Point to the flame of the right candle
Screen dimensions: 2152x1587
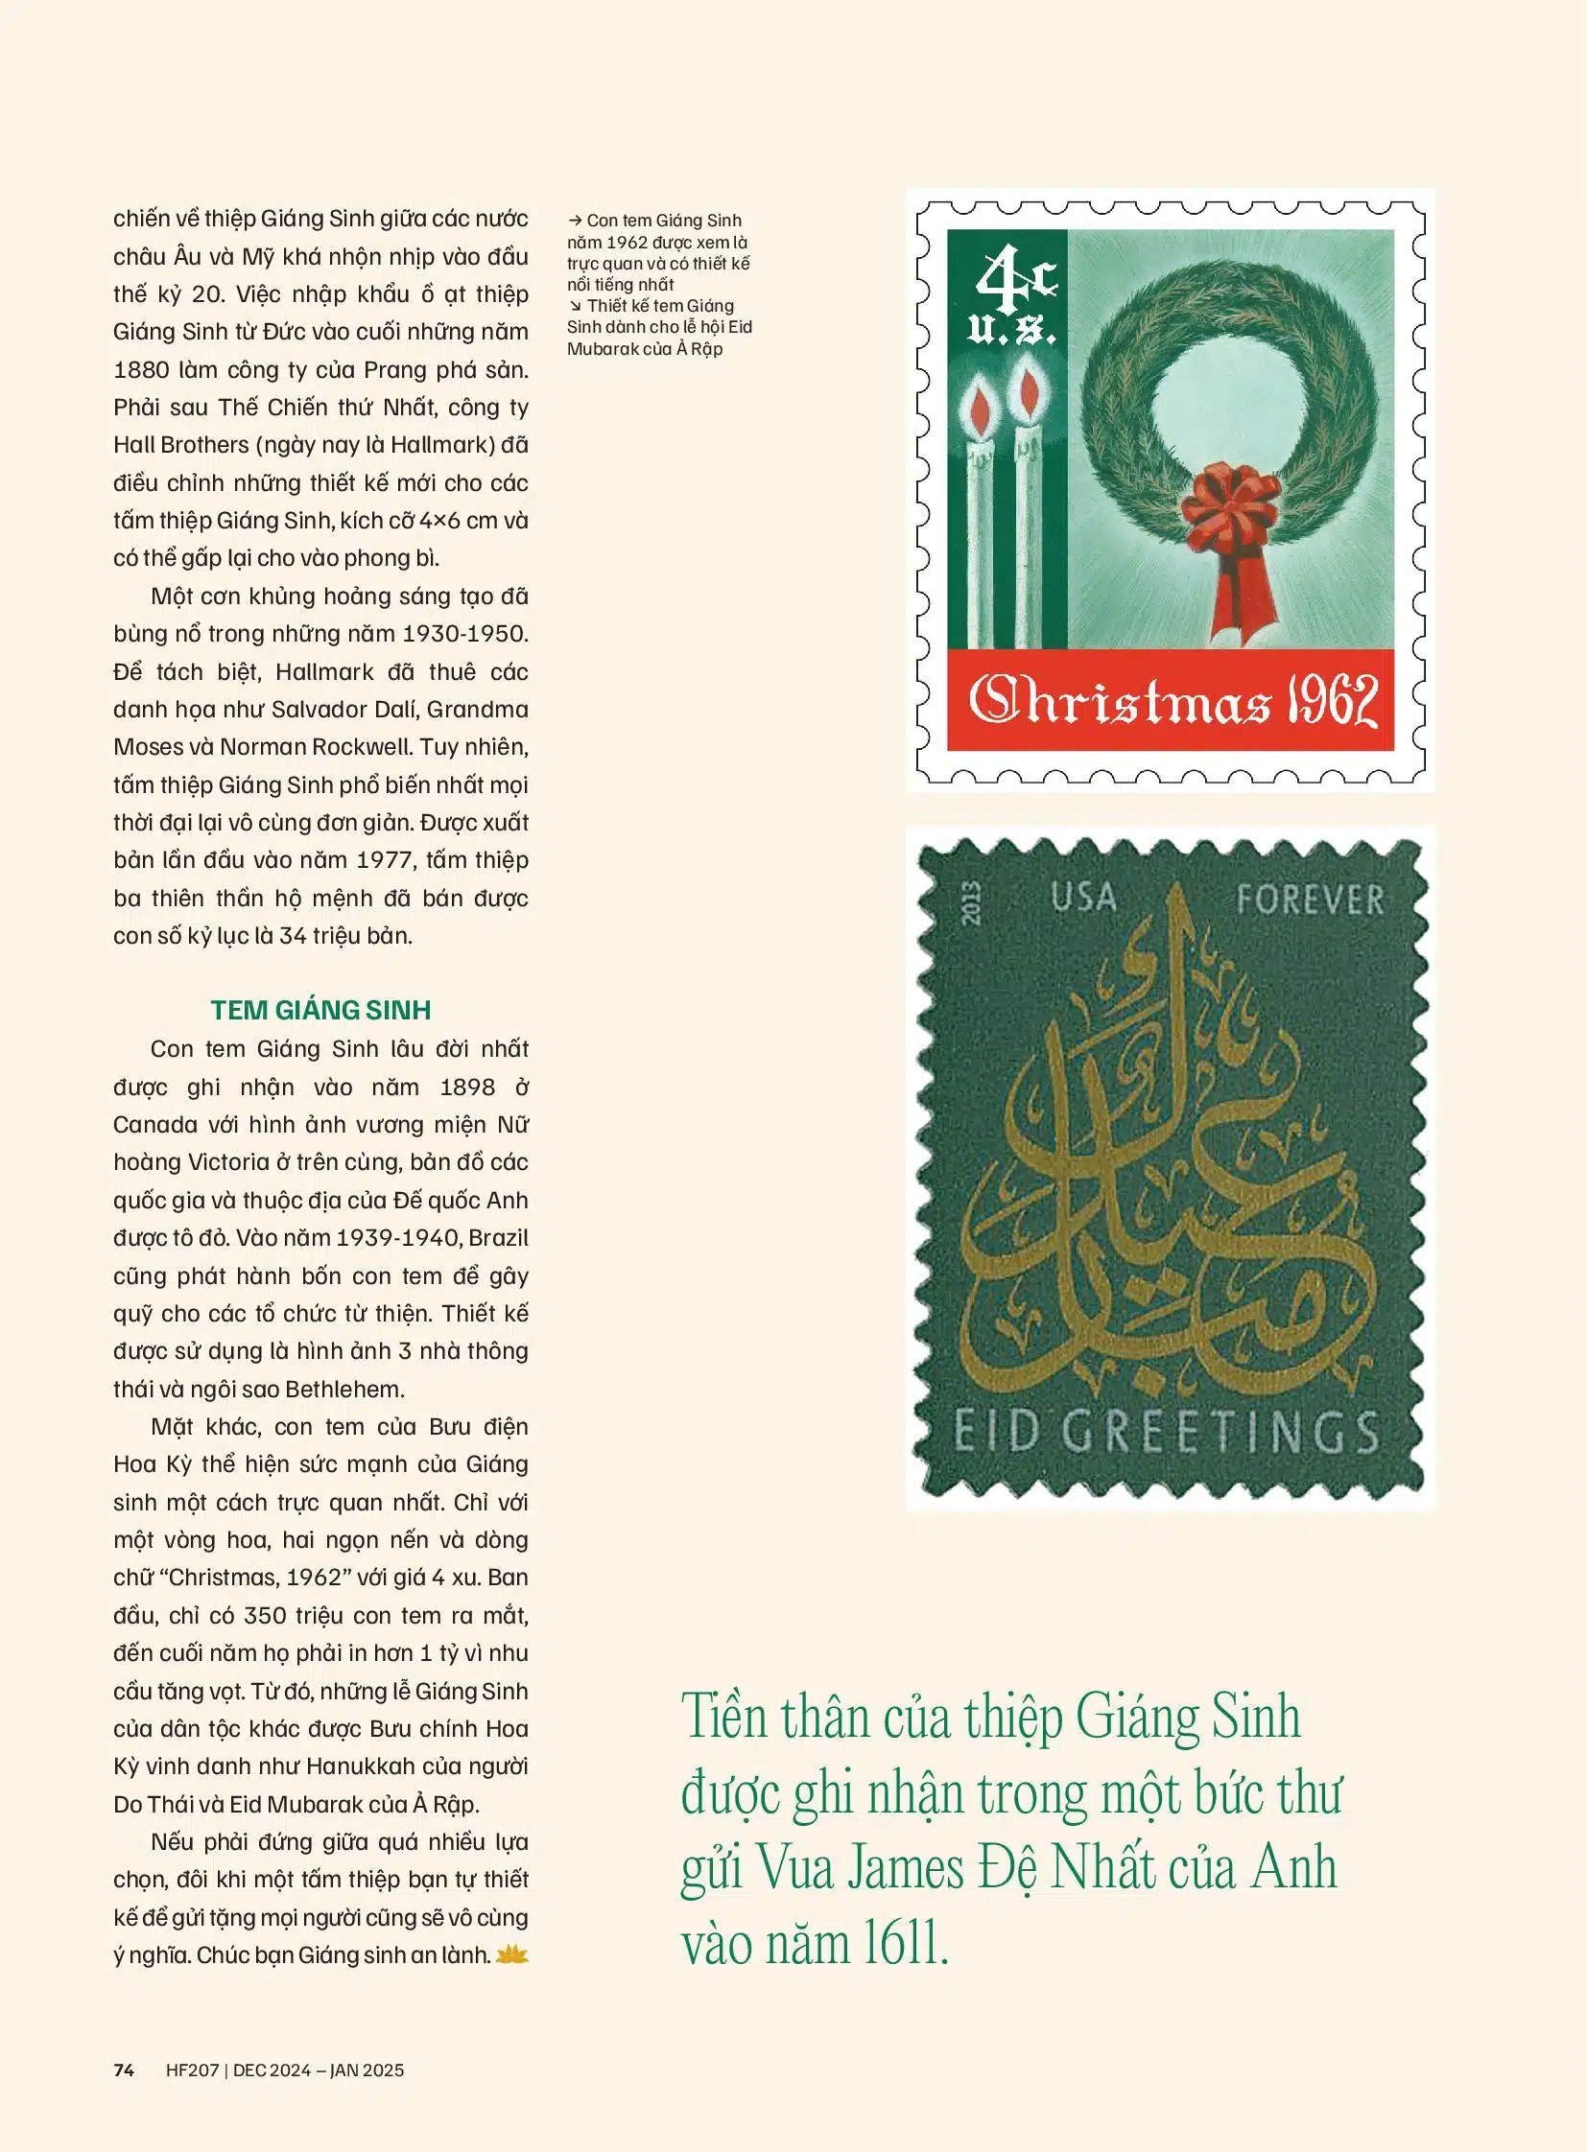click(x=1029, y=391)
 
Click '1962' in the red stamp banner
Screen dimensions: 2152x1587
click(x=1333, y=701)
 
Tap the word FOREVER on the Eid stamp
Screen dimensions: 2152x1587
click(x=1310, y=901)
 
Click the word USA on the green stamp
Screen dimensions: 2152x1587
click(x=1082, y=898)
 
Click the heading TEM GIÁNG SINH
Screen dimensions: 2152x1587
click(x=320, y=1010)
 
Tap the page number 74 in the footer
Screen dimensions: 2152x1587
click(x=124, y=2071)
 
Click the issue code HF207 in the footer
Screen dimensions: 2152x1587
click(x=192, y=2071)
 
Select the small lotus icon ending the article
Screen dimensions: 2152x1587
click(x=513, y=1954)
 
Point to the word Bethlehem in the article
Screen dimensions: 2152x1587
click(x=344, y=1389)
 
